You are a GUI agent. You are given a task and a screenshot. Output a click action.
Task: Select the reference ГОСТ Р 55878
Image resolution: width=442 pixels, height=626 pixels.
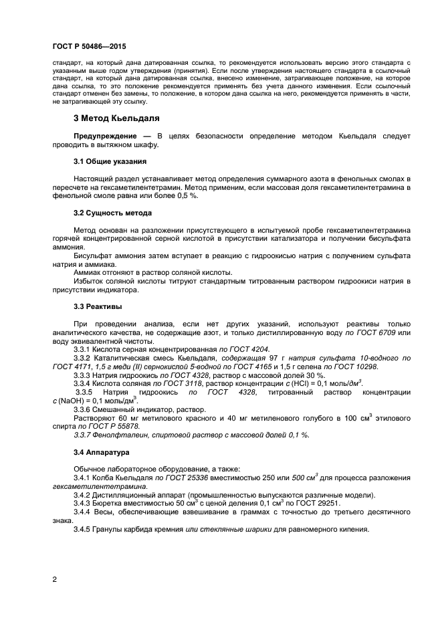click(x=114, y=425)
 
